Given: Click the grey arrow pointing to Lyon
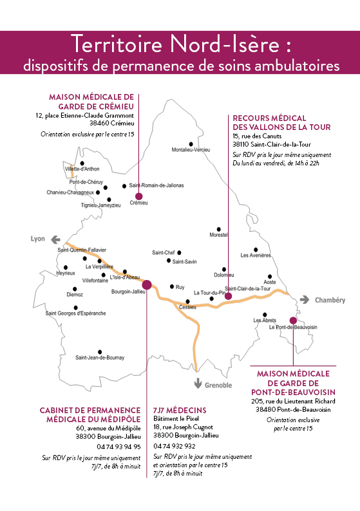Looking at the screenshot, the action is (x=56, y=240).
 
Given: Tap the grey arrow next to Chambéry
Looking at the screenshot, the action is (x=305, y=299).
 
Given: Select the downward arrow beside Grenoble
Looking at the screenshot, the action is (x=198, y=384).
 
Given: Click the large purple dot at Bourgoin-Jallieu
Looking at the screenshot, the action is (x=147, y=284).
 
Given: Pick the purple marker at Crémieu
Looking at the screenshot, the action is (x=139, y=196).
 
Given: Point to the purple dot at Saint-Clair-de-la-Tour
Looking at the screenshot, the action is (x=228, y=296).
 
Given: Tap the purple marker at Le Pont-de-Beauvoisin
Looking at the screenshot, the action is (x=293, y=321).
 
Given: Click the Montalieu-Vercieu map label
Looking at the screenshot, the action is (x=191, y=150).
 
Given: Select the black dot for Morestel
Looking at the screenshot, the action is (x=219, y=229).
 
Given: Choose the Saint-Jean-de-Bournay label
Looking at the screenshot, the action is (x=100, y=357).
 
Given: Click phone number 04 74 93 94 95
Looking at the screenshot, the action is (x=118, y=447).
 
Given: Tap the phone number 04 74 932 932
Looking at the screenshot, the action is (x=175, y=446).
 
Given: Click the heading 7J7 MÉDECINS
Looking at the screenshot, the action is (x=180, y=410).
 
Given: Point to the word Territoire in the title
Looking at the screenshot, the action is (x=117, y=44).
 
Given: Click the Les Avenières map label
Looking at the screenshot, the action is (x=256, y=256).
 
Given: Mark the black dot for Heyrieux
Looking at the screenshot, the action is (x=66, y=268).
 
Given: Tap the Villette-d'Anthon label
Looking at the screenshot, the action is (x=82, y=169).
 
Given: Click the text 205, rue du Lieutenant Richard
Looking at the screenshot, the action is (x=293, y=401).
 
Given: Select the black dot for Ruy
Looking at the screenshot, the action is (x=172, y=286).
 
